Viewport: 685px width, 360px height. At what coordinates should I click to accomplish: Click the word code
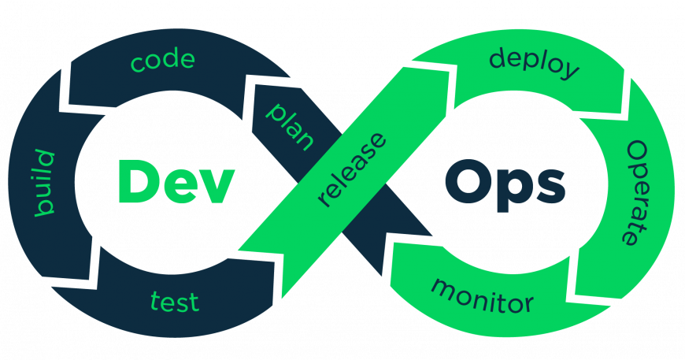point(162,61)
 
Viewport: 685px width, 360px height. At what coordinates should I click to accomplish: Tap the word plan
point(290,127)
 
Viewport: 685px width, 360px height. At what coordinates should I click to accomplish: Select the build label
point(45,183)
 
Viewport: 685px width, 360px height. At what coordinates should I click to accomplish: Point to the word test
point(175,302)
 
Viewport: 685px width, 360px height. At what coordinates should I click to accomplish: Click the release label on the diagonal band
point(352,169)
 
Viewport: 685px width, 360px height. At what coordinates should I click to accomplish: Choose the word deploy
point(535,65)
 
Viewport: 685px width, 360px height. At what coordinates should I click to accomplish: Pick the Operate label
point(638,193)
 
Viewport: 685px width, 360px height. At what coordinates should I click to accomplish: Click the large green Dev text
point(176,181)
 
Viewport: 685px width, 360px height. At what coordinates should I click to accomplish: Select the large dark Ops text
point(505,184)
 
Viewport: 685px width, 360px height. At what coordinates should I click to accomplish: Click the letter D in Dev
point(137,181)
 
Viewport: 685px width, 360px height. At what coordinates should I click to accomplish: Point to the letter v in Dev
point(217,187)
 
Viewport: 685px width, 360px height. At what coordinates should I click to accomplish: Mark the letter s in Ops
point(551,187)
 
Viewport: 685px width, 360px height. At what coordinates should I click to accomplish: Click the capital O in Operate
point(637,150)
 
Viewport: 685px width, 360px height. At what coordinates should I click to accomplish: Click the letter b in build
point(45,208)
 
